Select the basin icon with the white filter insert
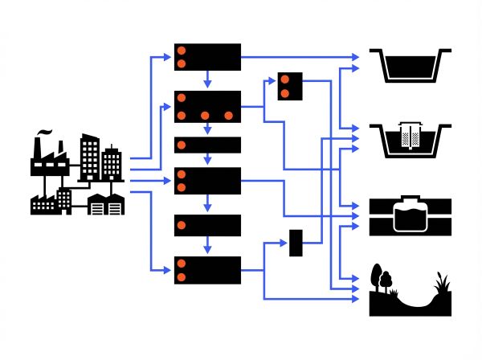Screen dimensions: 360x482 (x=407, y=139)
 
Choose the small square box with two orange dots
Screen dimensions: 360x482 (x=288, y=87)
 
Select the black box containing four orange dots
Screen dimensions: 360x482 (x=207, y=106)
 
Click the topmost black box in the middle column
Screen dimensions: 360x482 (x=207, y=57)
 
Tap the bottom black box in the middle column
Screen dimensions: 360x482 (x=207, y=270)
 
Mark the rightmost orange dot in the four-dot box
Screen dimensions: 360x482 (x=229, y=115)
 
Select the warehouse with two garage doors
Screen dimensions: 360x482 (x=107, y=205)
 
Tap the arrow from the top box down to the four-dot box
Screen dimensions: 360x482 (x=207, y=80)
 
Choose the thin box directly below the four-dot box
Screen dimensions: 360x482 (x=207, y=145)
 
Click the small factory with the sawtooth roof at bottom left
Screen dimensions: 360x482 (x=51, y=203)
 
